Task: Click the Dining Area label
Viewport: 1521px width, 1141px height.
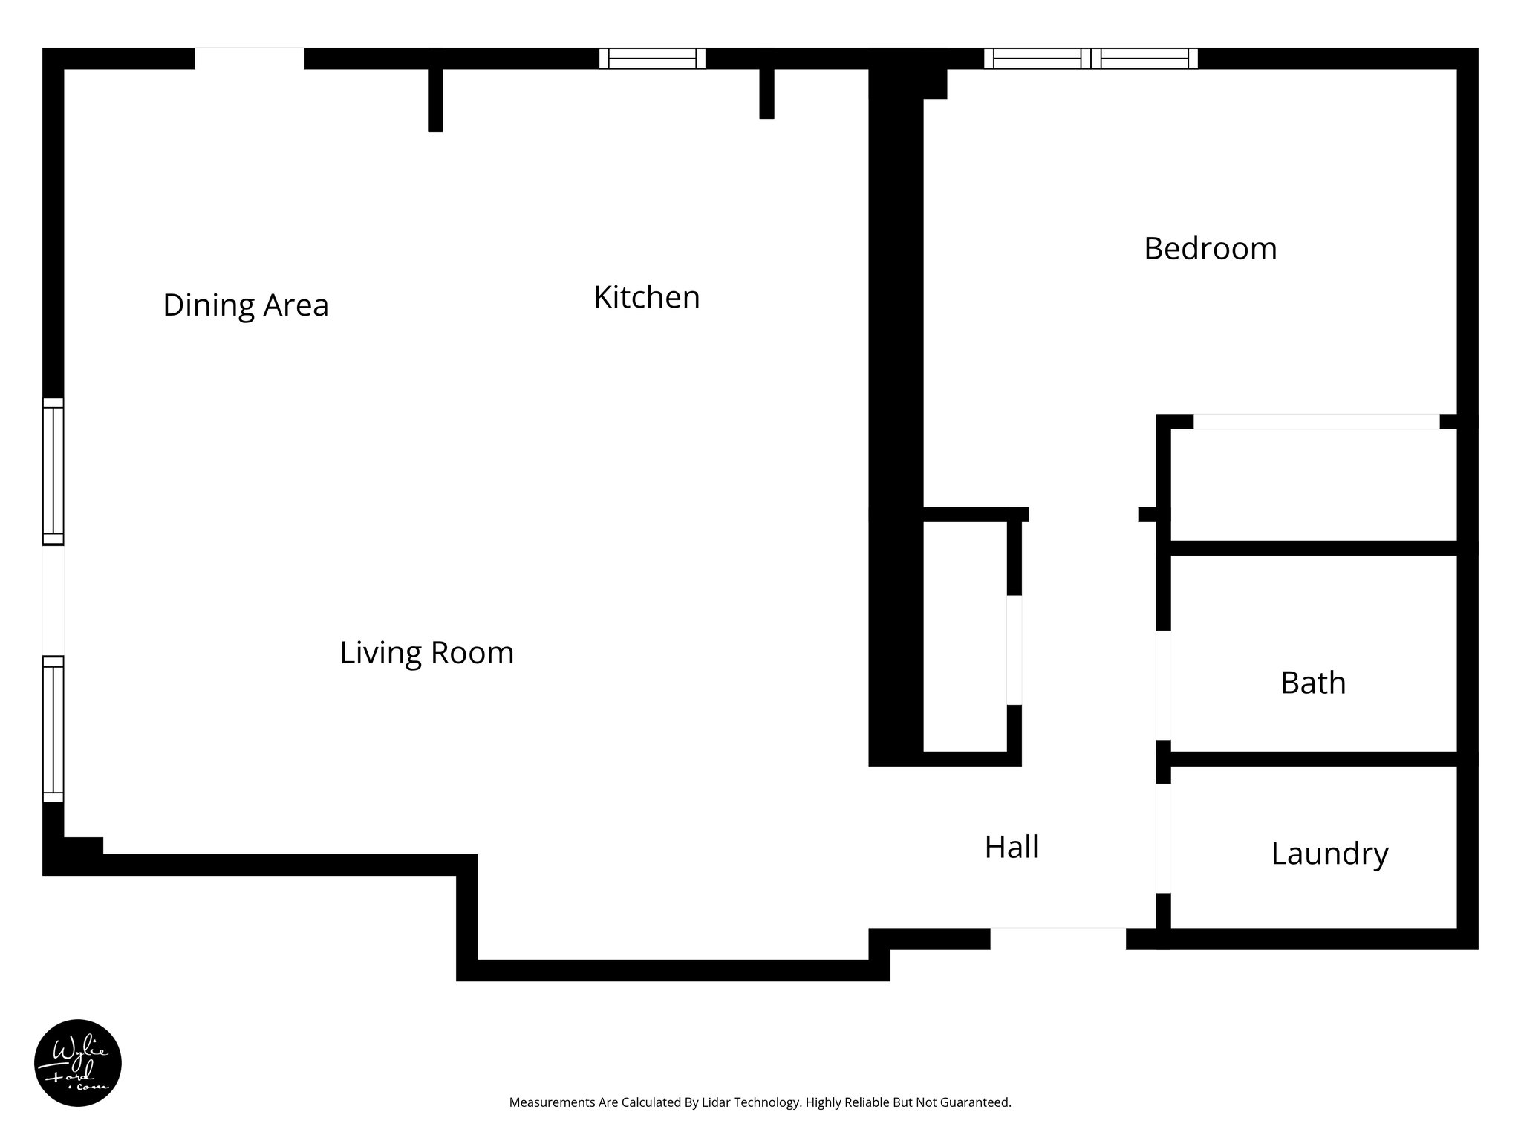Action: (245, 305)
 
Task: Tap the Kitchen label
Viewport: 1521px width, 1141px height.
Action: (646, 297)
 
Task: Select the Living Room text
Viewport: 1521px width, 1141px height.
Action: (426, 653)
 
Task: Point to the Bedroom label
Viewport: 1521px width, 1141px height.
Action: (1210, 248)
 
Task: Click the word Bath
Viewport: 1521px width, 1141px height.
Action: (1312, 683)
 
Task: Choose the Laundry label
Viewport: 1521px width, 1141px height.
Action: (1329, 854)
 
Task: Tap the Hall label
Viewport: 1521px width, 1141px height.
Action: (1011, 847)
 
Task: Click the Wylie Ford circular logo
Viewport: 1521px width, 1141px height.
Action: (78, 1063)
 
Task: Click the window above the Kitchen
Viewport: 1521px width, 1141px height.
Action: (652, 59)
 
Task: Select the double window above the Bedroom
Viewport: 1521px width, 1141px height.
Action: (1090, 59)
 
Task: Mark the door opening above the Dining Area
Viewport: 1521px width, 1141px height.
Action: (250, 59)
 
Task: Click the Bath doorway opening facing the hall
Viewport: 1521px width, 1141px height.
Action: (1164, 685)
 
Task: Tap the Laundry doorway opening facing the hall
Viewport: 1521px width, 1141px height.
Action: (1164, 838)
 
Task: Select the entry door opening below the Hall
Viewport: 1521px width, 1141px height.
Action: (1058, 938)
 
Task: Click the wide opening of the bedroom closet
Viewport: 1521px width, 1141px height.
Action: (1316, 422)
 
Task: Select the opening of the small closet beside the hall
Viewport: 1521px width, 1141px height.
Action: (1014, 650)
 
